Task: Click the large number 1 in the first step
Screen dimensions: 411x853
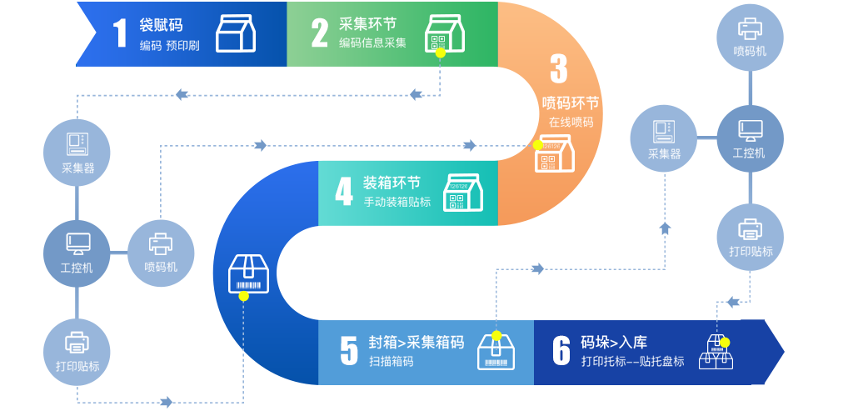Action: coord(121,33)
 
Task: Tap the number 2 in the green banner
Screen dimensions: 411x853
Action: coord(319,33)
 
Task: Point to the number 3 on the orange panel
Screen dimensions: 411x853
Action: coord(558,69)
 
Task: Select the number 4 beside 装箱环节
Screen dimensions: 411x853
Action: coord(343,192)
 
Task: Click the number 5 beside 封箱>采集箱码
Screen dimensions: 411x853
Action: coord(348,351)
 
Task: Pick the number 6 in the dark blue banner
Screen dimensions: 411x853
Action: coord(561,351)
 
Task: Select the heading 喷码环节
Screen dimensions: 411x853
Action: coord(571,103)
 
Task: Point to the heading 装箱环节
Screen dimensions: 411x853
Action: coord(392,183)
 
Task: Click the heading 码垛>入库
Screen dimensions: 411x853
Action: coord(614,342)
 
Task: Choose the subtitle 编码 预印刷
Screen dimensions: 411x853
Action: coord(169,45)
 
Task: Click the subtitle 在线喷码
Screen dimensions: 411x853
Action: coord(571,122)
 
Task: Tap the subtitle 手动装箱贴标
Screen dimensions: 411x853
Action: coord(397,202)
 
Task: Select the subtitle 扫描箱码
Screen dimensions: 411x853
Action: coord(391,362)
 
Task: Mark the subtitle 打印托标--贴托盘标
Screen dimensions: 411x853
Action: coord(633,362)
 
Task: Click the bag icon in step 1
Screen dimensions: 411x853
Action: coord(236,33)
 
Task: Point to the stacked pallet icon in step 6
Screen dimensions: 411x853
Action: coord(716,352)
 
